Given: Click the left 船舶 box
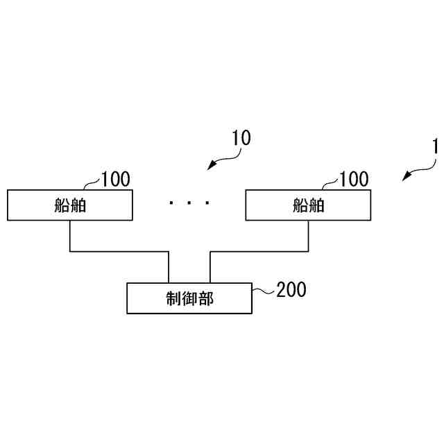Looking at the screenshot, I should (70, 206).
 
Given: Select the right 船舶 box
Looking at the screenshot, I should (308, 206).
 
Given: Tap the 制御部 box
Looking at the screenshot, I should (189, 298).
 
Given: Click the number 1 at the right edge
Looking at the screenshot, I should (435, 147).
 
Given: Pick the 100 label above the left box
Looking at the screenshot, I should (115, 180).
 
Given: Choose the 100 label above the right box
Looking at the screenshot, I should (354, 180).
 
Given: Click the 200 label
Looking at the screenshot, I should (291, 289).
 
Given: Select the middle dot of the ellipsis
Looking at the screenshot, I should (189, 203).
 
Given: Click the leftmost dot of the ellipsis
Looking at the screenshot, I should (171, 203).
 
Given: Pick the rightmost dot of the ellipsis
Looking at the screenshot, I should (207, 203).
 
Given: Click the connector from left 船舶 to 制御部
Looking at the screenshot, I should (118, 251).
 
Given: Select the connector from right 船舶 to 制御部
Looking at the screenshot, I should (260, 251).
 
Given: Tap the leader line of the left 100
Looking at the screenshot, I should (91, 185).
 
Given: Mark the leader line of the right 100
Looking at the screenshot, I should (330, 185).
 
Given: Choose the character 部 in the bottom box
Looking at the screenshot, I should (206, 298).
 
